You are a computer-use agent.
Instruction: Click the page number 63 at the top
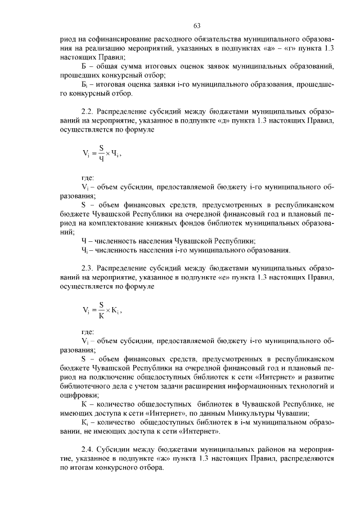(x=197, y=26)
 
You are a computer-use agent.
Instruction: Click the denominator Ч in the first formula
(x=101, y=159)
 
